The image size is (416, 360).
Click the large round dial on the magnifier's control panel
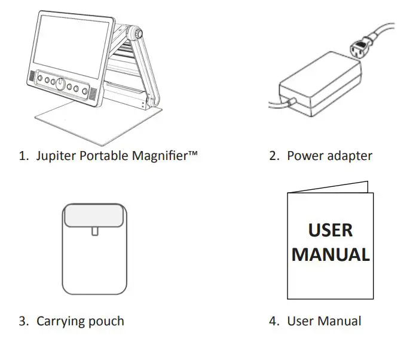point(60,84)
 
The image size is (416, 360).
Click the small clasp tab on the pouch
point(94,230)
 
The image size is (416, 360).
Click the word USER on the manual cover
point(330,230)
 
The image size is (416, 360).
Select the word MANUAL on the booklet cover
point(331,255)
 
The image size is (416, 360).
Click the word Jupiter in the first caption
point(56,156)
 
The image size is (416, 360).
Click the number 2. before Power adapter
point(274,156)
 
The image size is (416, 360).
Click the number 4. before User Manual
point(274,321)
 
